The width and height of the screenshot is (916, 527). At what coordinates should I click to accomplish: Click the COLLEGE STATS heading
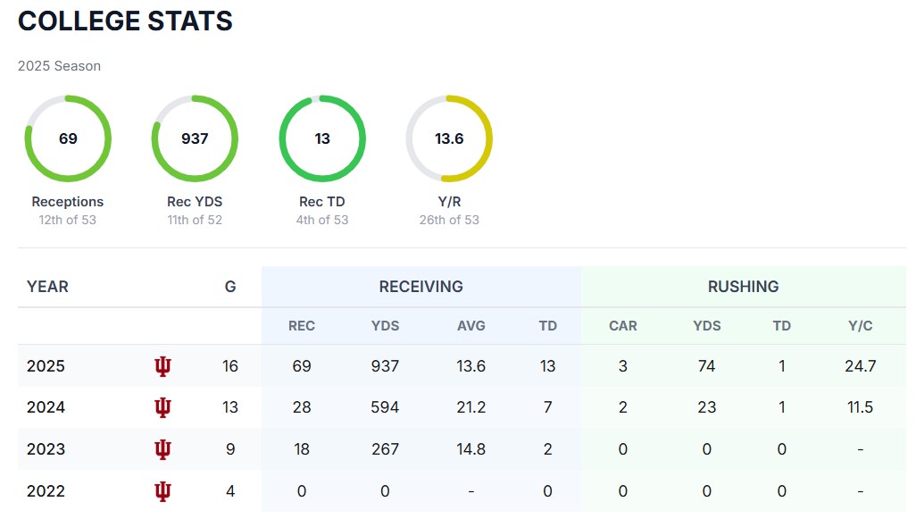tap(125, 21)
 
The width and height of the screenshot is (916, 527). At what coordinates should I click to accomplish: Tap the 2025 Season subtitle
tap(59, 66)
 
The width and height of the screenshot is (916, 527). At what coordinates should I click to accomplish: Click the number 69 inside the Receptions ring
tap(68, 138)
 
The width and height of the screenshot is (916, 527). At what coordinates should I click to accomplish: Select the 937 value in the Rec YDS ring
tap(195, 138)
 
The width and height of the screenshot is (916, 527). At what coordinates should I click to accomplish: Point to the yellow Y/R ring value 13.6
tap(449, 138)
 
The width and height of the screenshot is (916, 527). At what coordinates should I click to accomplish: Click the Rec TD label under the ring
tap(322, 202)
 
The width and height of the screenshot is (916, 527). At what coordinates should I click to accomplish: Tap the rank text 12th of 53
tap(68, 220)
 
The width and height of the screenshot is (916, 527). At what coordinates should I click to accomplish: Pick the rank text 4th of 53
tap(322, 220)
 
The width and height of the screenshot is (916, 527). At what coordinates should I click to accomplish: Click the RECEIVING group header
tap(421, 287)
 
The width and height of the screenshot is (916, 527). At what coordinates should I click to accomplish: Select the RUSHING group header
tap(743, 287)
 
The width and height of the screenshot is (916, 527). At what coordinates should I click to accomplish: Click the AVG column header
tap(471, 326)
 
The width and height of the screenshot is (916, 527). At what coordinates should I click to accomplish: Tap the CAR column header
tap(623, 326)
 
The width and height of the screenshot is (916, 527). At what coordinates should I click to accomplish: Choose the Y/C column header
tap(861, 326)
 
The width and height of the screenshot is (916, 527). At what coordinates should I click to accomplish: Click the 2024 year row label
tap(46, 407)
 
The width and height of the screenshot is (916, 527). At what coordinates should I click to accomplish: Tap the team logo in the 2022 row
tap(162, 490)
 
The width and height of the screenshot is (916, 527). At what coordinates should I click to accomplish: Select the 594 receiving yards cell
tap(385, 407)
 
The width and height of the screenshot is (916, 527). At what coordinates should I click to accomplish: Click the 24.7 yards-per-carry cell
tap(861, 366)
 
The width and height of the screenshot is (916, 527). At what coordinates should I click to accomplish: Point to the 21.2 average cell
tap(471, 407)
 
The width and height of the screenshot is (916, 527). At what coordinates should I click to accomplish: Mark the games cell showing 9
tap(230, 449)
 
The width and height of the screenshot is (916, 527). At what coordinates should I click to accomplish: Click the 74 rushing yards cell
tap(707, 366)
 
